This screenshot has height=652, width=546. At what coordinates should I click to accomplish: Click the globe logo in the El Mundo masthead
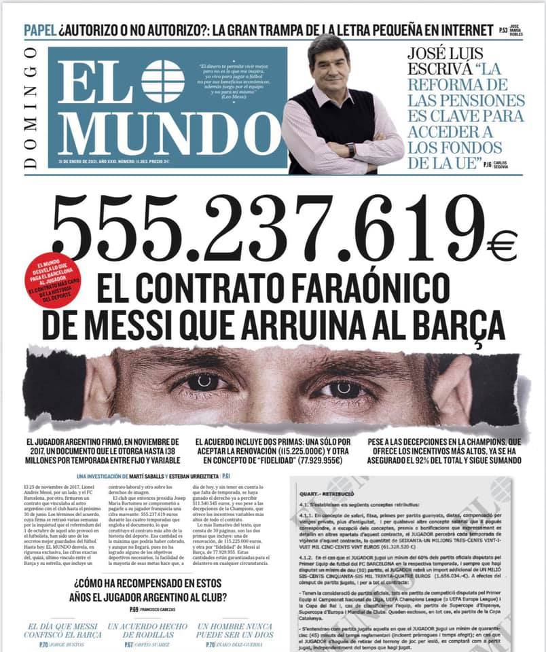tap(162, 81)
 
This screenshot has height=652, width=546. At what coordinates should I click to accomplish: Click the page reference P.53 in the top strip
tap(503, 31)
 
